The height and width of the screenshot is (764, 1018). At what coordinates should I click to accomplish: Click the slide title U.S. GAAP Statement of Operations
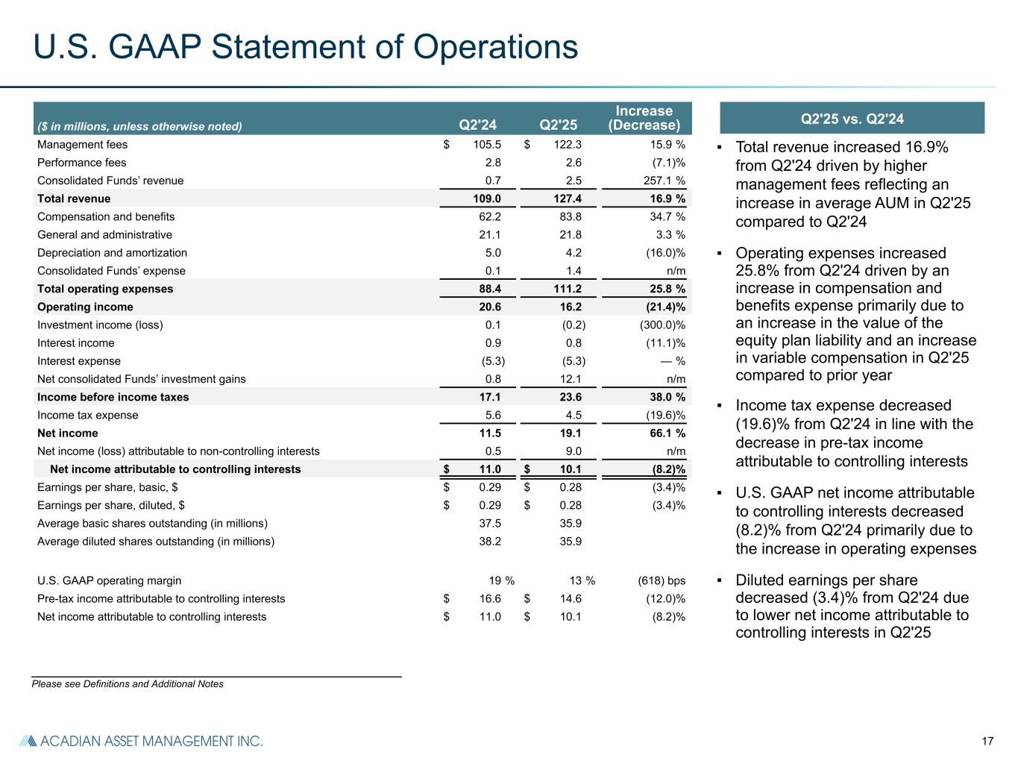(x=306, y=47)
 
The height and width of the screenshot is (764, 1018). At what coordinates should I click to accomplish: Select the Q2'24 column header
(x=477, y=125)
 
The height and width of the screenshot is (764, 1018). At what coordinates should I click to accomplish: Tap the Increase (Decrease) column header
(x=644, y=118)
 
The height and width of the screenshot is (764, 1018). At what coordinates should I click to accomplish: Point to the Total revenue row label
(x=74, y=198)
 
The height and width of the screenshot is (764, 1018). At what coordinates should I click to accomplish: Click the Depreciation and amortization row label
(x=112, y=253)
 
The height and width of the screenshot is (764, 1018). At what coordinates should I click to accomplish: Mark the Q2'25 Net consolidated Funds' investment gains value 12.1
(x=571, y=379)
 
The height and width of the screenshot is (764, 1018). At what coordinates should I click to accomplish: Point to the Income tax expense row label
(x=87, y=415)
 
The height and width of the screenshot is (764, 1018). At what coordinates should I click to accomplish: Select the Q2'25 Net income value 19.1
(x=571, y=433)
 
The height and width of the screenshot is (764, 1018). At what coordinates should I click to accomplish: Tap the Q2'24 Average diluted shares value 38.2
(x=489, y=542)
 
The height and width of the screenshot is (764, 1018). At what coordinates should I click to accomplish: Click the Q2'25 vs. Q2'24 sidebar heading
(x=852, y=119)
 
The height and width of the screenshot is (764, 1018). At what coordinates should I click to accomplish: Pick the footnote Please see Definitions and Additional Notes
(x=128, y=683)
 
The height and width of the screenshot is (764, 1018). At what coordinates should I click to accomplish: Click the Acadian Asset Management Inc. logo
(x=141, y=741)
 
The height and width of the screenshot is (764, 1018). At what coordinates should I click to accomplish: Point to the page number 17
(x=987, y=741)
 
